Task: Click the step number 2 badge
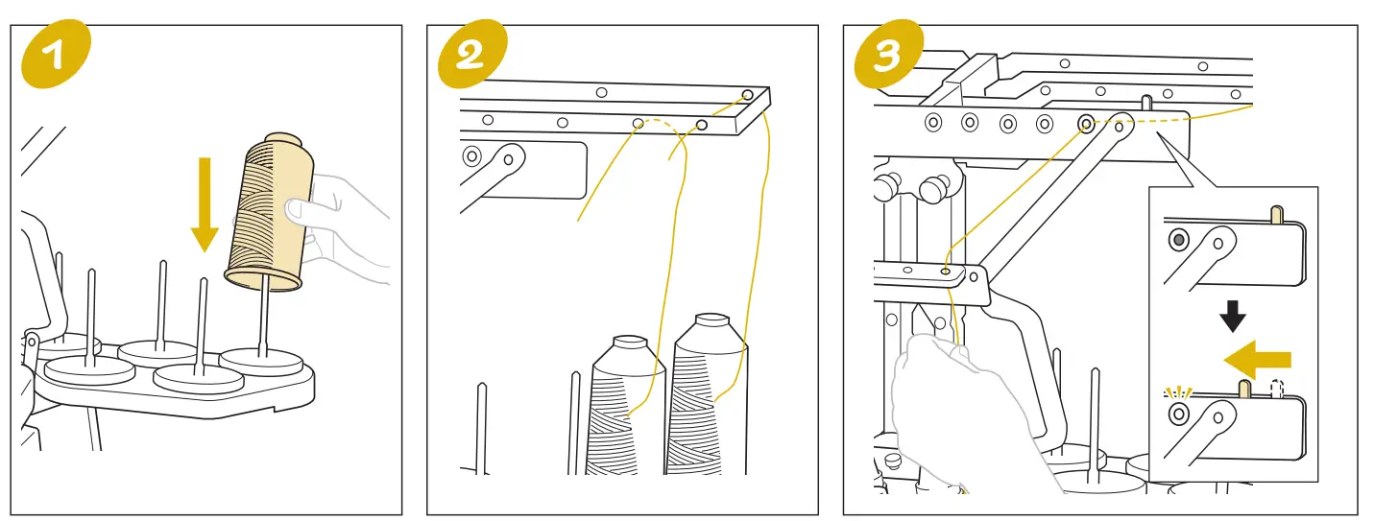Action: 470,55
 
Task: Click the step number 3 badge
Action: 885,55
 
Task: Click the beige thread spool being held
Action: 268,211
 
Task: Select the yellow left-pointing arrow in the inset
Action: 1257,360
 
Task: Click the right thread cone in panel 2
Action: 709,398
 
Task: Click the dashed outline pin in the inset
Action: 1276,389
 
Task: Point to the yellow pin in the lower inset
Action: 1243,389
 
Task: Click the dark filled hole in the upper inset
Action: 1177,239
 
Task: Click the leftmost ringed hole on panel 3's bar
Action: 931,123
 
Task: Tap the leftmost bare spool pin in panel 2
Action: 482,427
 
